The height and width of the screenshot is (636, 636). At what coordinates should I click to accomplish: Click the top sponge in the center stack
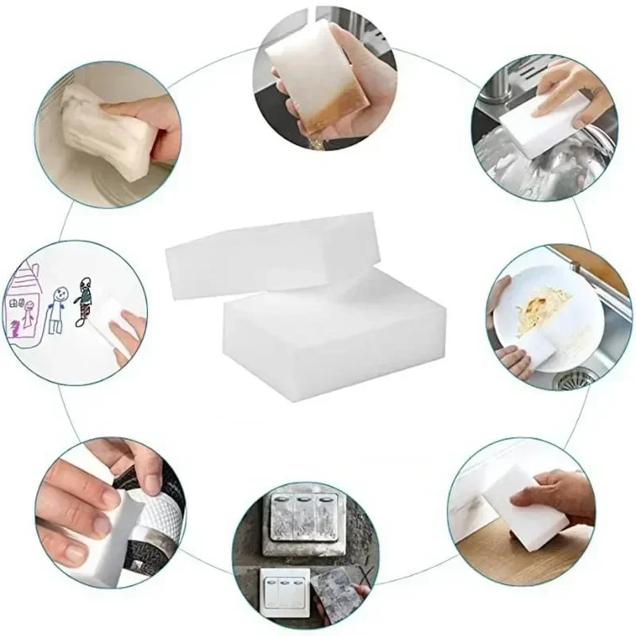coord(270,254)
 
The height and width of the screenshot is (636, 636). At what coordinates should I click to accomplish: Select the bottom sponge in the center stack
coord(334,326)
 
